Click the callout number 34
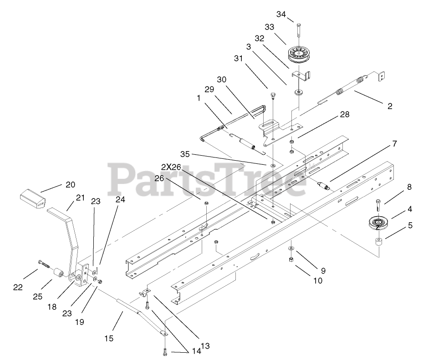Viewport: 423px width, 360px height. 281,15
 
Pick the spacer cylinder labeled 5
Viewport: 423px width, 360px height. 377,242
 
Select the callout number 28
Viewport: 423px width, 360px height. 344,115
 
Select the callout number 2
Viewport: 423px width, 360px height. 389,106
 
